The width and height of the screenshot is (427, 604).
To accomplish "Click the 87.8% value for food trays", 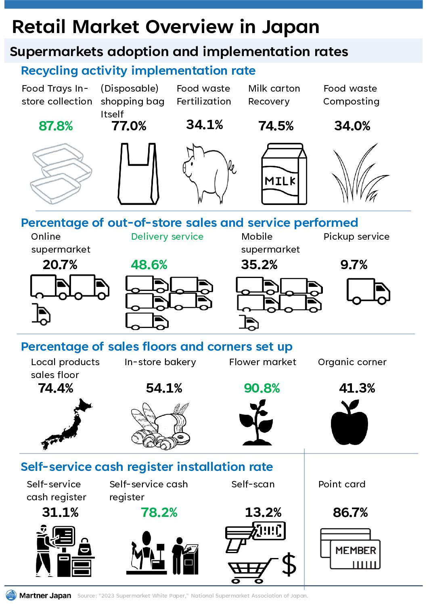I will click(x=56, y=126).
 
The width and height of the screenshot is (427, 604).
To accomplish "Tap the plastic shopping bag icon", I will click(x=138, y=174).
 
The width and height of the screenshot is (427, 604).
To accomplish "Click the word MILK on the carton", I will click(x=280, y=181).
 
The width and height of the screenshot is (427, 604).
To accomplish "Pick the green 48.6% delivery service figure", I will click(x=149, y=265).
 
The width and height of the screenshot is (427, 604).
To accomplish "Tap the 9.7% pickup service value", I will click(x=354, y=265).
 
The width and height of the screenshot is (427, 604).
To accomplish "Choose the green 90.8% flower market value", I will click(x=262, y=389).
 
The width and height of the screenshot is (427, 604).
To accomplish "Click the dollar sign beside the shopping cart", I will click(x=289, y=564).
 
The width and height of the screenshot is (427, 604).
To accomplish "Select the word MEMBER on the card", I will click(x=356, y=551).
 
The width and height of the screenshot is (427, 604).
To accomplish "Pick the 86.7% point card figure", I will click(x=350, y=513).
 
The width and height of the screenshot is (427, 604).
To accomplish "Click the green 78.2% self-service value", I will click(x=159, y=513).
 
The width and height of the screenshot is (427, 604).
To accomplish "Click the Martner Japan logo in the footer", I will click(x=39, y=596).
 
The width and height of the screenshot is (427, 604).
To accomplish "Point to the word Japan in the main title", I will click(x=291, y=27).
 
